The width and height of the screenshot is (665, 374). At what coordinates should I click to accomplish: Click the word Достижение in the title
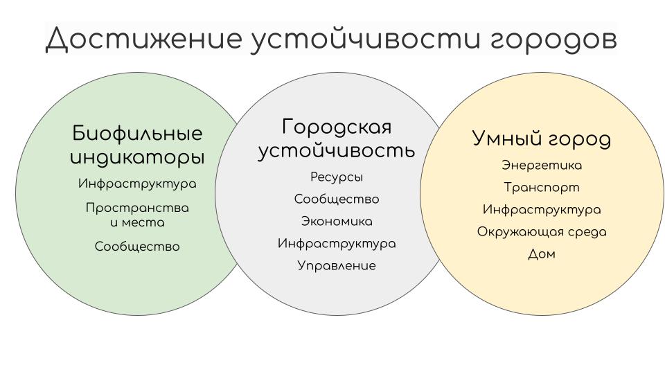(x=144, y=39)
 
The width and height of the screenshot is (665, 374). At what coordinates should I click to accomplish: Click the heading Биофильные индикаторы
(x=137, y=145)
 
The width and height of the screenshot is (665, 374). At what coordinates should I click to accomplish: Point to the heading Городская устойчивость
(x=337, y=139)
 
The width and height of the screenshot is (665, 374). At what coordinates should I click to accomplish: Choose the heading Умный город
(x=542, y=139)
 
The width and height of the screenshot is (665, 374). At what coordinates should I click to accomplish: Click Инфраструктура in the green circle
(x=137, y=184)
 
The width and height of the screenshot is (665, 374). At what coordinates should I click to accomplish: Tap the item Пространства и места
(x=137, y=215)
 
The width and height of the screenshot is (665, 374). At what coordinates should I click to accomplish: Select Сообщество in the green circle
(x=137, y=247)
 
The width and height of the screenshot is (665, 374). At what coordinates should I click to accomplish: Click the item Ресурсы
(x=337, y=177)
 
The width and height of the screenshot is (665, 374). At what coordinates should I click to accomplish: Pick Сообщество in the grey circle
(x=337, y=199)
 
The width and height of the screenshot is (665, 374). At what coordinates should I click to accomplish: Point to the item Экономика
(x=337, y=222)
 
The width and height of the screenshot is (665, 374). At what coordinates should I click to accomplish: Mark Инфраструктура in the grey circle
(x=337, y=244)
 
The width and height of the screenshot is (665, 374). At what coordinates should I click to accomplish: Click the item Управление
(x=337, y=266)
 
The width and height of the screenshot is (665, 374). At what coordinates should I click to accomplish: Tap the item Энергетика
(x=542, y=166)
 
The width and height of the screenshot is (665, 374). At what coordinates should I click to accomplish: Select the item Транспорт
(x=542, y=188)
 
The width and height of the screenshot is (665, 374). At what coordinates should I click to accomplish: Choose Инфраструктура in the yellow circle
(x=542, y=210)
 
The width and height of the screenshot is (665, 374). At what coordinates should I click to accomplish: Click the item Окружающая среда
(x=542, y=232)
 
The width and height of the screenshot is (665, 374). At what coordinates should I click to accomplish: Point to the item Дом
(x=542, y=254)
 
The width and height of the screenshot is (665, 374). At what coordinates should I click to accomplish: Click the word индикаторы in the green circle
(x=137, y=158)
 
